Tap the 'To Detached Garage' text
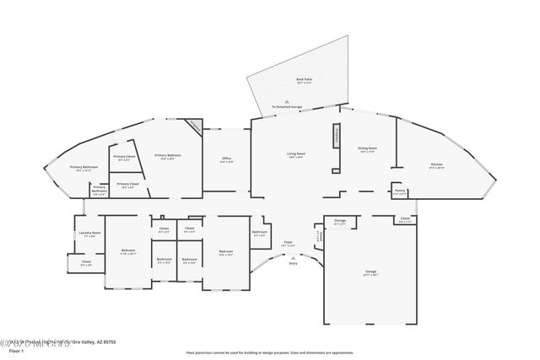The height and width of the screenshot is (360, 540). coord(286,107)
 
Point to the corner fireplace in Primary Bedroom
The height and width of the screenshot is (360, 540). coord(193,126)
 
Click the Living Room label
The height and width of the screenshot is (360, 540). coord(295,155)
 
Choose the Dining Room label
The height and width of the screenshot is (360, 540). coord(367,148)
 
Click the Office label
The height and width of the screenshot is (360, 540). coord(227,159)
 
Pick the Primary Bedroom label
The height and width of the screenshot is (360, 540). coord(165,156)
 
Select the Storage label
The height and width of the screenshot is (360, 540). coord(340,221)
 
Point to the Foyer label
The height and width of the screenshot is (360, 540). coord(288,244)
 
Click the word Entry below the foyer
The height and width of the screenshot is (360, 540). coord(293,263)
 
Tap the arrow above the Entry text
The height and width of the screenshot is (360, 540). coord(293,256)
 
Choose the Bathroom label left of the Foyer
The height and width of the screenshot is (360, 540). coord(260,233)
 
